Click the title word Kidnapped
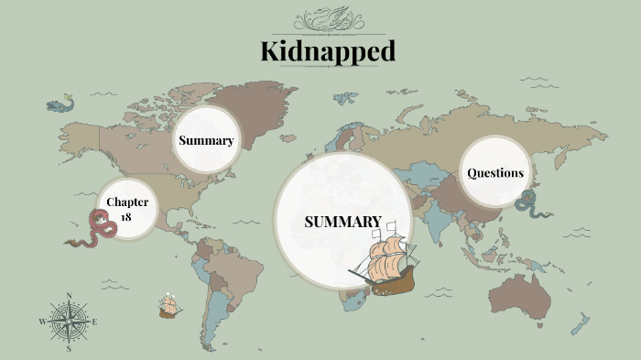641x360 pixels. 328,51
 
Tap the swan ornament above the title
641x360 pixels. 327,20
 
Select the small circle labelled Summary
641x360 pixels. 206,140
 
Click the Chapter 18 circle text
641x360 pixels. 126,208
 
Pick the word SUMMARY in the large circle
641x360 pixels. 342,222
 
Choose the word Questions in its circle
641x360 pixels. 495,172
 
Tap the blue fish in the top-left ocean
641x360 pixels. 60,104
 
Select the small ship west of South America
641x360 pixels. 168,305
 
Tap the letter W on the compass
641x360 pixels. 42,322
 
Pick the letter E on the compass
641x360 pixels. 95,322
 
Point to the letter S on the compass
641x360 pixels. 70,349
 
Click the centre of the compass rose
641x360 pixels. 70,322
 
